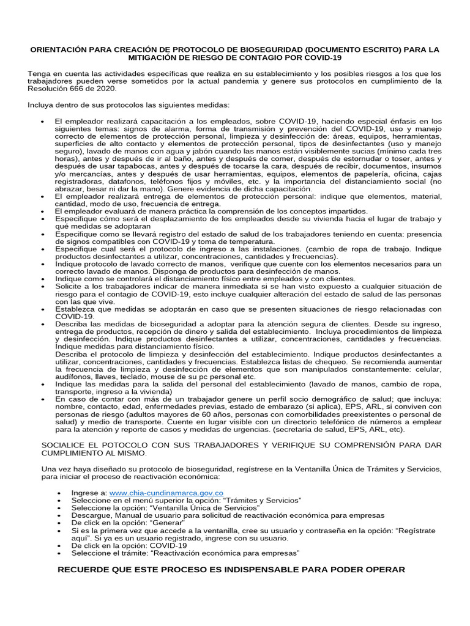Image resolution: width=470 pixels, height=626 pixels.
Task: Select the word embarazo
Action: pos(279,407)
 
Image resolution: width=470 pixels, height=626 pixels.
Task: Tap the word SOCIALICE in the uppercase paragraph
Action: pos(66,446)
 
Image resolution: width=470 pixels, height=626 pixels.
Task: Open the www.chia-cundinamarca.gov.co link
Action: pos(166,492)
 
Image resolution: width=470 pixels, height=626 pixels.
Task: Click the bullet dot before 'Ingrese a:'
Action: pos(58,493)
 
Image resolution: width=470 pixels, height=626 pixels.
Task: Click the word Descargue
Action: pos(91,515)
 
